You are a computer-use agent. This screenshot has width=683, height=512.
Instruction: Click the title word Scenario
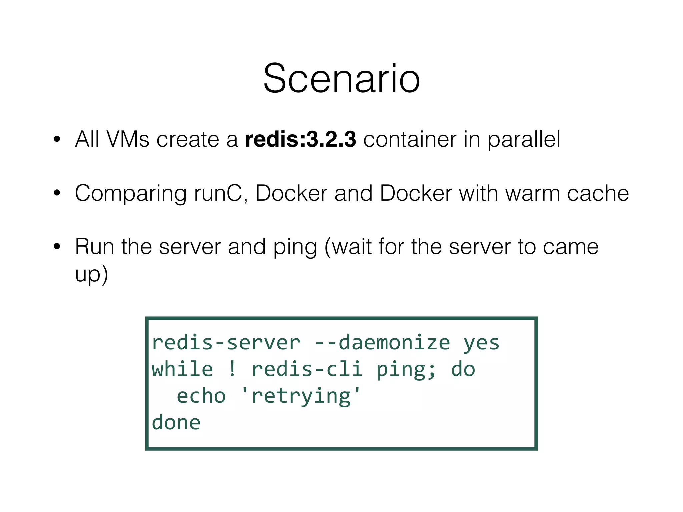point(341,79)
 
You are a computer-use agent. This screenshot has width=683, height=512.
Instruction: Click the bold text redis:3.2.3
point(300,139)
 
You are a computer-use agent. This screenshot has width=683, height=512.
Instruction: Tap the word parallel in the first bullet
point(524,139)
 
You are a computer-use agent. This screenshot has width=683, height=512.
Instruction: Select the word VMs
point(128,139)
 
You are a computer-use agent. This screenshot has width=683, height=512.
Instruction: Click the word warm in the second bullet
point(533,193)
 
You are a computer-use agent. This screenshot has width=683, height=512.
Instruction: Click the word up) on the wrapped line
point(91,274)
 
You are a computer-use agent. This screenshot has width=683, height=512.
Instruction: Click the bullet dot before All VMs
point(57,139)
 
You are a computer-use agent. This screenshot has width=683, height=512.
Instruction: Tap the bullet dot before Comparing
point(57,193)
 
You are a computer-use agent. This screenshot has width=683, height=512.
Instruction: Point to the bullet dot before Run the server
point(57,247)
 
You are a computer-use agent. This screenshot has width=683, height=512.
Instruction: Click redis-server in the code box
point(226,343)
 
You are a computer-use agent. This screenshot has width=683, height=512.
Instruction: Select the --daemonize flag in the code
point(382,343)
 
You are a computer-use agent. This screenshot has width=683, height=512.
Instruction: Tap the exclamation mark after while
point(232,369)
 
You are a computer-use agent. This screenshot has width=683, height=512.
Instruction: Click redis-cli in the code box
point(307,369)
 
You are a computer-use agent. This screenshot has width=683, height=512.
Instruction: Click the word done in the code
point(176,423)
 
